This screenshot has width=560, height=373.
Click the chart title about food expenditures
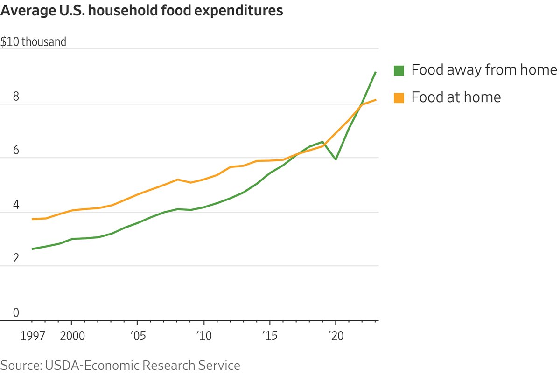142,11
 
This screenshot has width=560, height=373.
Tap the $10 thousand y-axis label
34,42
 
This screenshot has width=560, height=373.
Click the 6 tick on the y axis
16,150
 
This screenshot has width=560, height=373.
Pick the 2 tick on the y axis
16,258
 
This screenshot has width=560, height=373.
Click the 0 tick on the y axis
16,312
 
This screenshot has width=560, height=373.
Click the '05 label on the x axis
137,336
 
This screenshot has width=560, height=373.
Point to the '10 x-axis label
203,336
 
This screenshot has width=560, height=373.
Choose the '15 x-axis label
270,336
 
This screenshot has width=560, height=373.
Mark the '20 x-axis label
336,336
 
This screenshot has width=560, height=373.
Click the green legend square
399,70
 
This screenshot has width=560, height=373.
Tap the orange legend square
399,97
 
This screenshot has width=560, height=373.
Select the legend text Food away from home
484,70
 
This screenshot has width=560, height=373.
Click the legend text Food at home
456,97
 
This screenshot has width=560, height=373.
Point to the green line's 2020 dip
336,159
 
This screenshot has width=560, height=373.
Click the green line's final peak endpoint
376,72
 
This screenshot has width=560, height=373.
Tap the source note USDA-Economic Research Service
120,365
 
